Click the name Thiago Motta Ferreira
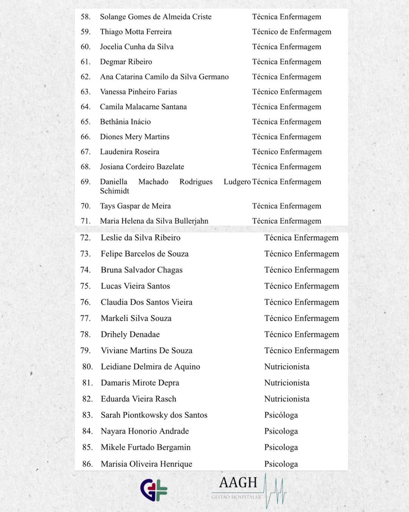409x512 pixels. tap(136, 32)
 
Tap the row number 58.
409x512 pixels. tap(86, 17)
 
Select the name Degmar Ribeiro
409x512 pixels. tap(126, 62)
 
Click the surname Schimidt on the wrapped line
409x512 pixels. tap(114, 191)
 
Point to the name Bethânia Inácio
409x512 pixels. tap(125, 122)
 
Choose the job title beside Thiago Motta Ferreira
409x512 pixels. tap(292, 32)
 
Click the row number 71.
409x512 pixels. tap(86, 221)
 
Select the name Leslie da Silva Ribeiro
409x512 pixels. tap(140, 238)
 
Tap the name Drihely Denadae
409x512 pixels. tap(130, 335)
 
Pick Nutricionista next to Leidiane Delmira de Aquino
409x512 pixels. tap(287, 367)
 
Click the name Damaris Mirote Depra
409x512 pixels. tap(140, 383)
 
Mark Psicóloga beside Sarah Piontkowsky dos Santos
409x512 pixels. tap(281, 415)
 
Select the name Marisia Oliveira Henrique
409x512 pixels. tap(146, 464)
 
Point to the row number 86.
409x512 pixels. tap(87, 464)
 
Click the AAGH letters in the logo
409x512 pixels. tap(238, 483)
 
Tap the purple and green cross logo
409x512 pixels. tap(154, 490)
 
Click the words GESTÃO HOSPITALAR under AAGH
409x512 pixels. tap(236, 497)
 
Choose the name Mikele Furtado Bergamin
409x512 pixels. tap(145, 448)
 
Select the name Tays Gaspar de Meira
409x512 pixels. tap(135, 206)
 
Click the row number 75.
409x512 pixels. tap(86, 286)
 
